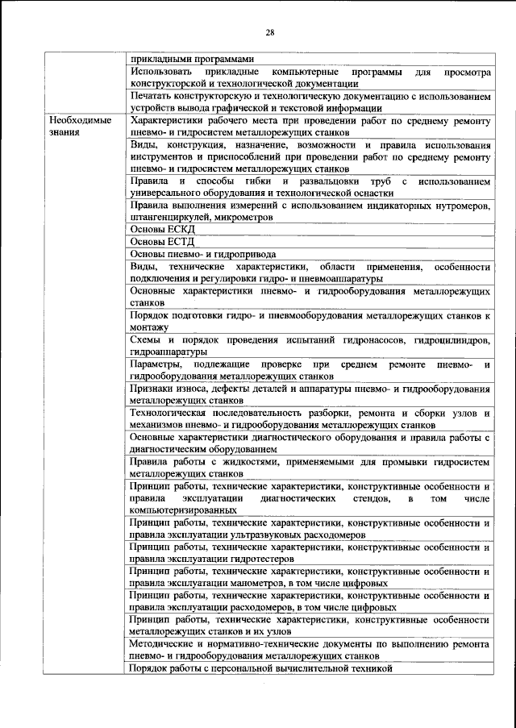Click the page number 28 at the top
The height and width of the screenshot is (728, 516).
pyautogui.click(x=270, y=32)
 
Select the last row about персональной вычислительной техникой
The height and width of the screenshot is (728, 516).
pyautogui.click(x=260, y=668)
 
